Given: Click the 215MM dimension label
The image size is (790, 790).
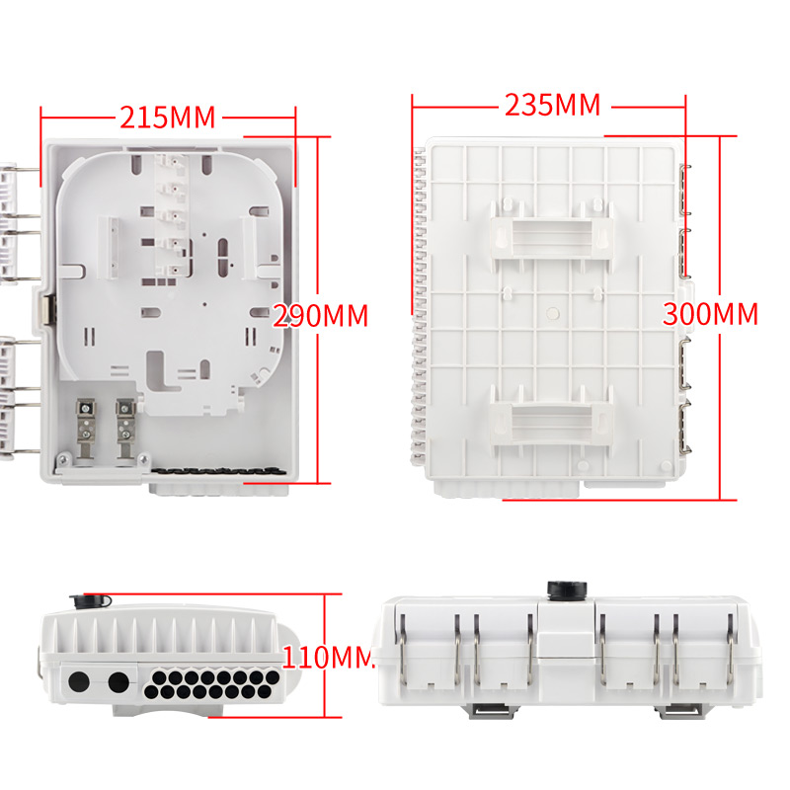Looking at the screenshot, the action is pos(167,117).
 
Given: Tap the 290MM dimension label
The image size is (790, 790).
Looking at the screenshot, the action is pos(320,316).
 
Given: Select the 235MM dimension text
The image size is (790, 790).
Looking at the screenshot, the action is pos(553,105).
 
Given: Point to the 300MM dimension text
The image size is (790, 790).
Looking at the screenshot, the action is pos(710,314).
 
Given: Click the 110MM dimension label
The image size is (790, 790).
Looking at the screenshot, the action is pos(328,657).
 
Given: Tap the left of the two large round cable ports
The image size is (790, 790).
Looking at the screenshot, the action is pos(79,682).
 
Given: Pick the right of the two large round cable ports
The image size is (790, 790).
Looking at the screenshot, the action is pos(118,682).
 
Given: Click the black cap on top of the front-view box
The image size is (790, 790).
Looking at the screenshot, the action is pos(567,590).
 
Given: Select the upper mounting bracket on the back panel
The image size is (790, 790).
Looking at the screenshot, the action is pos(552,236).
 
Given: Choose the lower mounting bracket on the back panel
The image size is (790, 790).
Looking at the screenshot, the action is pos(552,417).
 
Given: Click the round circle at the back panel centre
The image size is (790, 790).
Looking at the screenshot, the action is pos(553,313).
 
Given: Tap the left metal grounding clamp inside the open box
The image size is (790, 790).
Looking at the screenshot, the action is pos(86,429).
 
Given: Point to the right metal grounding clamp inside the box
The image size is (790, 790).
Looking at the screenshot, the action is pos(125,429).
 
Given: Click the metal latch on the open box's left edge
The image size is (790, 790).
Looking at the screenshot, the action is pos(48,310).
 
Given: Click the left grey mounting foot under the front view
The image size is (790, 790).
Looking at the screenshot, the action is pos(490,710).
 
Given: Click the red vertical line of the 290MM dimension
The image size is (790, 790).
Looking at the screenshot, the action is pos(318,310).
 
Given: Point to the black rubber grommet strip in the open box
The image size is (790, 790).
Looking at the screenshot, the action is pos(214,471).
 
